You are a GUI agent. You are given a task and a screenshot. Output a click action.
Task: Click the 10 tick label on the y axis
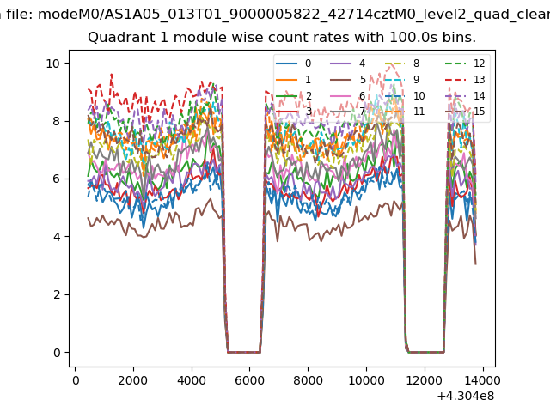(x=52, y=64)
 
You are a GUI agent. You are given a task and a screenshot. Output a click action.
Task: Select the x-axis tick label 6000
(x=249, y=379)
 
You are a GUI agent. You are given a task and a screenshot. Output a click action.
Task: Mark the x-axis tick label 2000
(x=132, y=379)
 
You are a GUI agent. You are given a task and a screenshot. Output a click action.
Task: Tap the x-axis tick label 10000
(x=366, y=379)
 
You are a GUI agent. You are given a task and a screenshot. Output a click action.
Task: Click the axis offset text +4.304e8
(x=465, y=396)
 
